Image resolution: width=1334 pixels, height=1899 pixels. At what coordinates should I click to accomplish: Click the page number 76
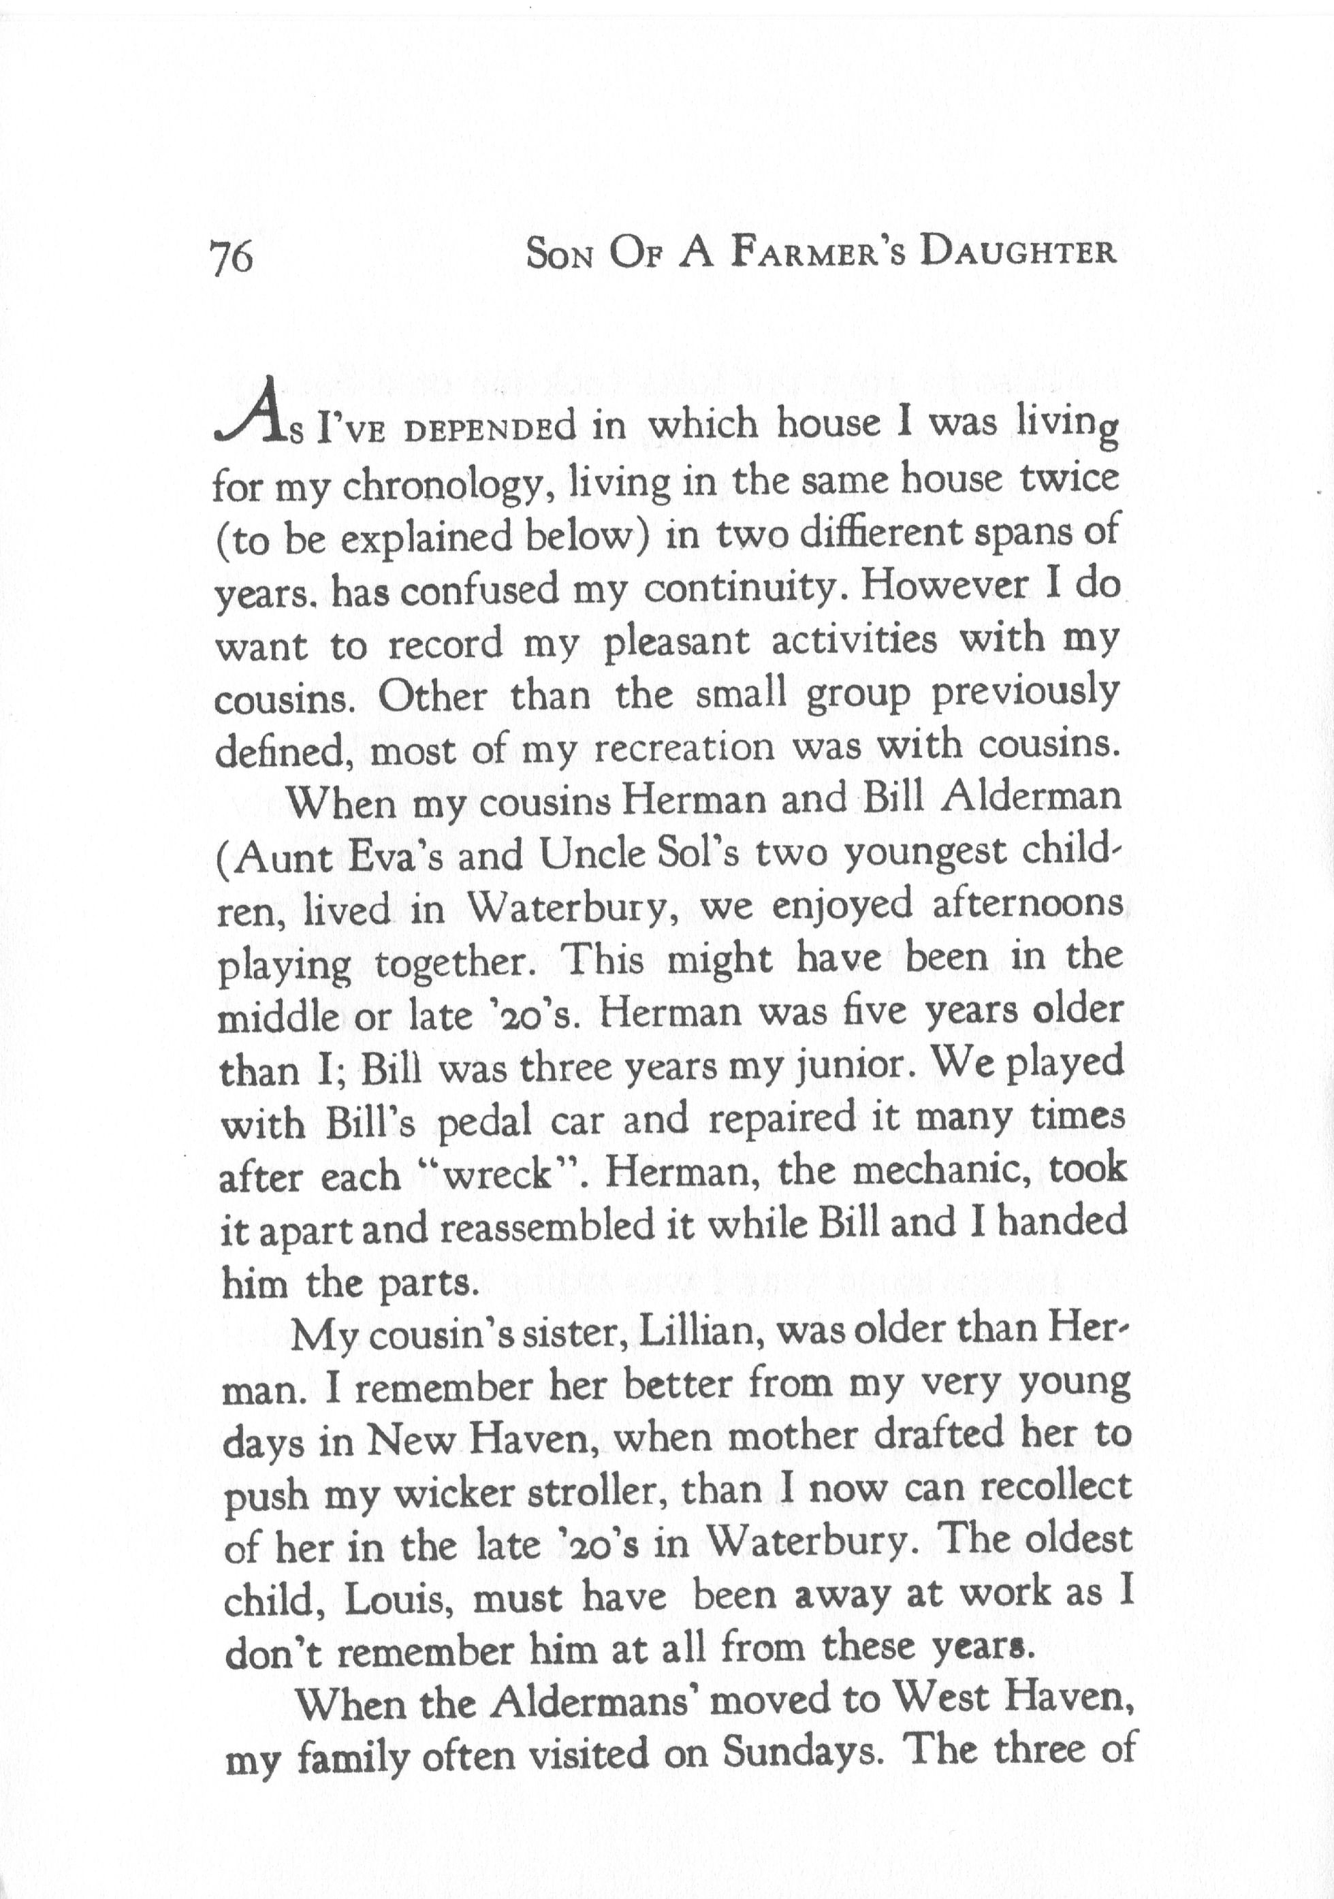[232, 258]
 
